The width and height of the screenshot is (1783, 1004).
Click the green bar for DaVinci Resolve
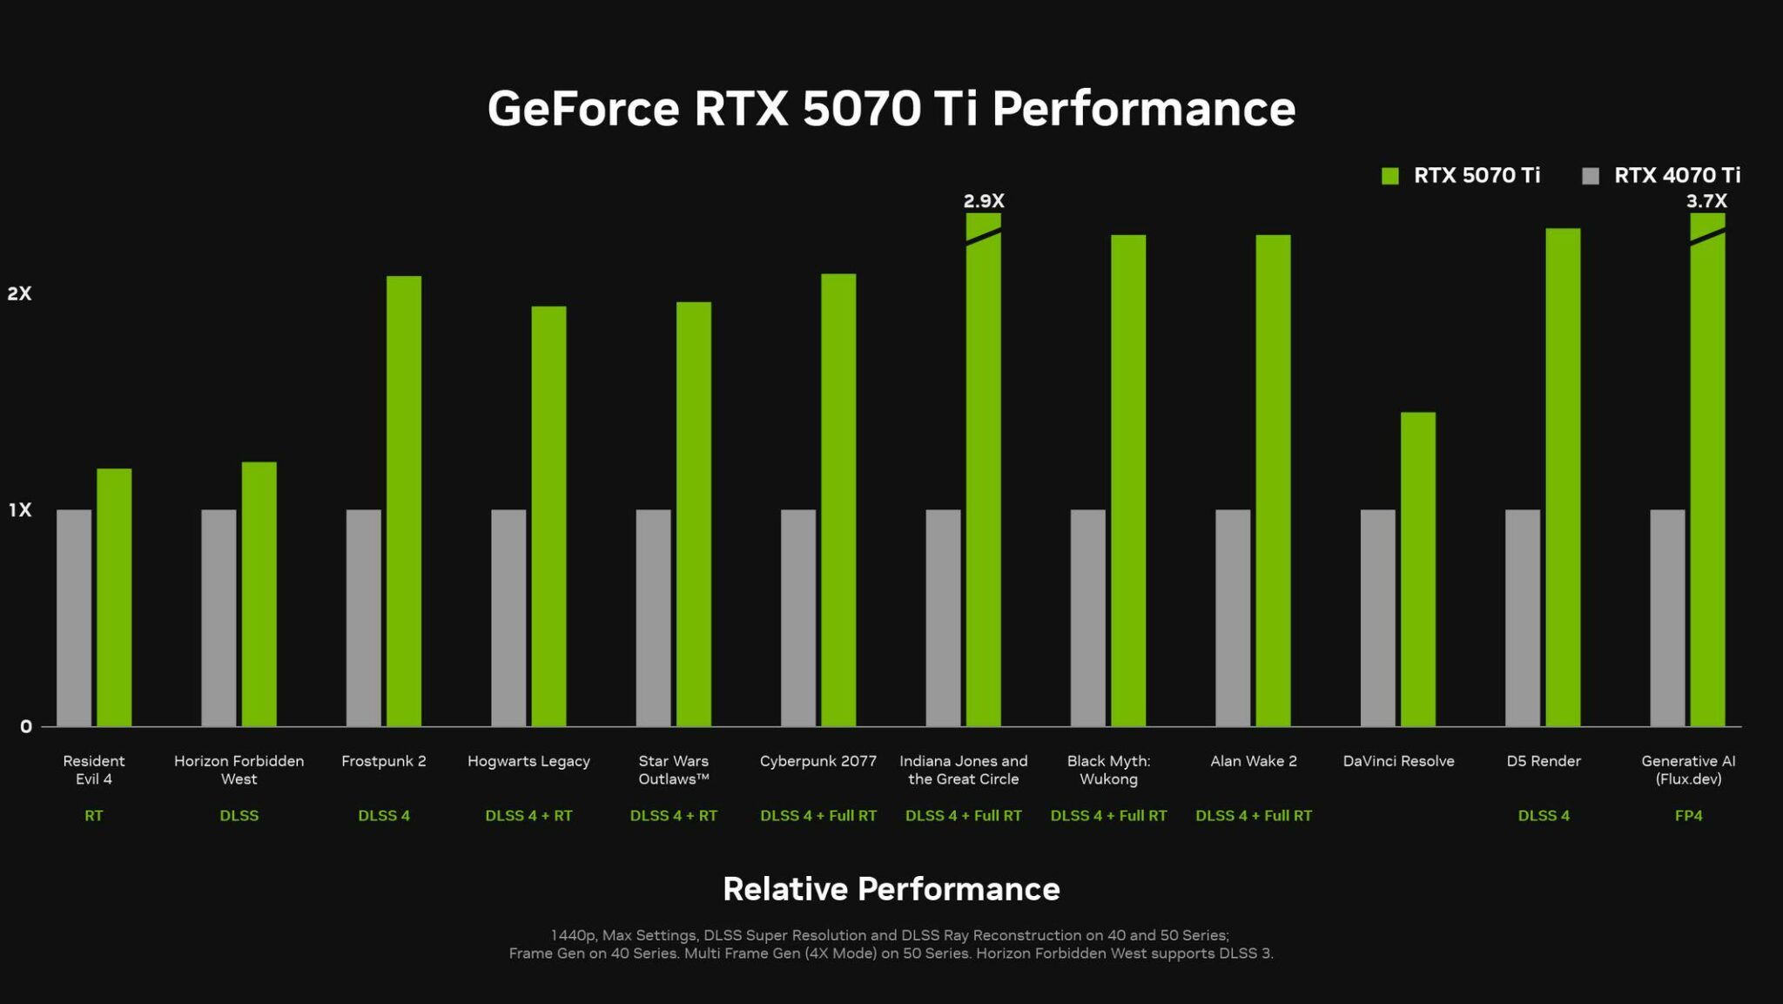(x=1417, y=569)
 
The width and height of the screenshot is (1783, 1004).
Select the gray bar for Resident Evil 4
(x=74, y=617)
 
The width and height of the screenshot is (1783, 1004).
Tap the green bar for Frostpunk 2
(x=404, y=501)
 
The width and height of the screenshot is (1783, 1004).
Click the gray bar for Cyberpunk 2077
(x=798, y=617)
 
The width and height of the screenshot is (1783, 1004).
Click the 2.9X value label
(x=983, y=201)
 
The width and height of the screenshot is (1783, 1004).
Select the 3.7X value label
(x=1706, y=201)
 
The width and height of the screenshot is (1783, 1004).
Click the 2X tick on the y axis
(x=19, y=293)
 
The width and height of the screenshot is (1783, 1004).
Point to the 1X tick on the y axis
(x=20, y=510)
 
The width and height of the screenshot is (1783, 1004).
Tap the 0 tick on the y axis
(x=26, y=727)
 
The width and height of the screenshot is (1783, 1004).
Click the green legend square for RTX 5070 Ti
(x=1389, y=176)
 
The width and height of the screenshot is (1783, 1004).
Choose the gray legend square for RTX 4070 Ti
(x=1591, y=176)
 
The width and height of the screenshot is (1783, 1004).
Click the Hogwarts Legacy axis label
(x=528, y=761)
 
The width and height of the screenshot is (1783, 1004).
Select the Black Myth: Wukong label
(x=1108, y=770)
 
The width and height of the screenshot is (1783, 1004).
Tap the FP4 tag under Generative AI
(x=1688, y=816)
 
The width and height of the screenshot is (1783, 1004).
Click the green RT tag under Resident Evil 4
(x=93, y=816)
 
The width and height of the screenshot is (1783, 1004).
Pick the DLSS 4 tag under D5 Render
(x=1544, y=816)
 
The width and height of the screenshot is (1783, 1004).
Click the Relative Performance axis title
(x=891, y=889)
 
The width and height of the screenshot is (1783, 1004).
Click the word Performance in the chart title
(x=1143, y=110)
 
